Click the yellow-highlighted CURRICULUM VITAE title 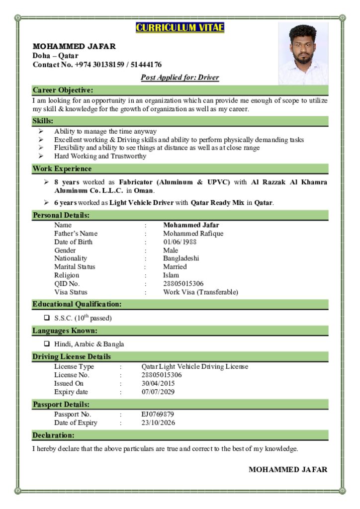tap(180, 27)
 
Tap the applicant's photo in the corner tap(303, 54)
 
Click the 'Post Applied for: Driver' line tap(180, 78)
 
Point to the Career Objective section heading tap(63, 90)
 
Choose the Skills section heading tap(43, 121)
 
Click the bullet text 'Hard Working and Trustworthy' tap(100, 156)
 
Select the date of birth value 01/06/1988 tap(180, 242)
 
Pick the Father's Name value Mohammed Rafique tap(193, 234)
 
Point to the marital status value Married tap(175, 267)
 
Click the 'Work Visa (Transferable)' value tap(200, 292)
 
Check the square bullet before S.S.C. tap(47, 318)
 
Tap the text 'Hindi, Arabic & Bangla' tap(89, 344)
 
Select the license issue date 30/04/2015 tap(158, 384)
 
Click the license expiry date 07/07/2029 tap(158, 392)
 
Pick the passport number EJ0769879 tap(158, 414)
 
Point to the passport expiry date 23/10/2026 tap(158, 423)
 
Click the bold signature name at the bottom tap(288, 470)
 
